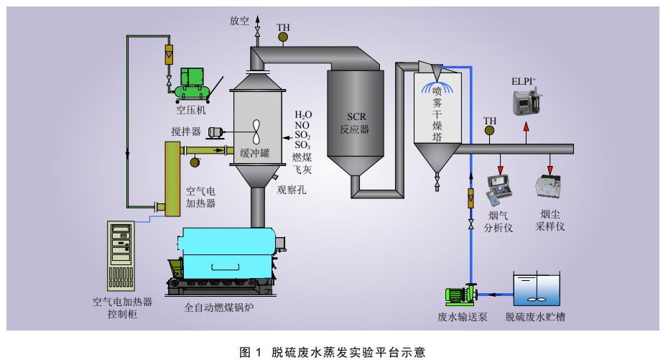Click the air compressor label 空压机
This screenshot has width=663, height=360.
[x=191, y=110]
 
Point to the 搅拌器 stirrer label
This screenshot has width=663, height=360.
[x=185, y=131]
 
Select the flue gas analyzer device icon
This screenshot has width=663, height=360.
[x=501, y=188]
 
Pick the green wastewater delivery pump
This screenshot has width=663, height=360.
[x=460, y=294]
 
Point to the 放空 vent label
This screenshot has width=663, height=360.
[x=239, y=21]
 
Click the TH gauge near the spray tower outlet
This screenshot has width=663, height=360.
[x=490, y=130]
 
